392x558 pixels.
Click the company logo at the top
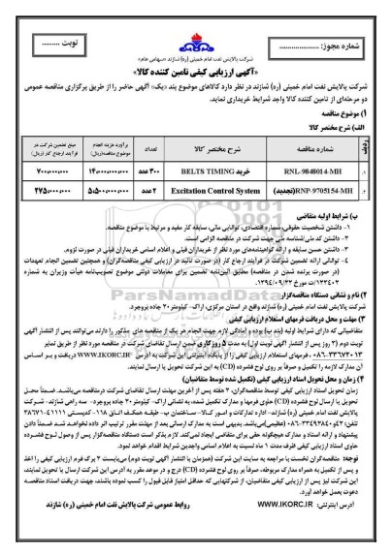[x=197, y=21]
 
